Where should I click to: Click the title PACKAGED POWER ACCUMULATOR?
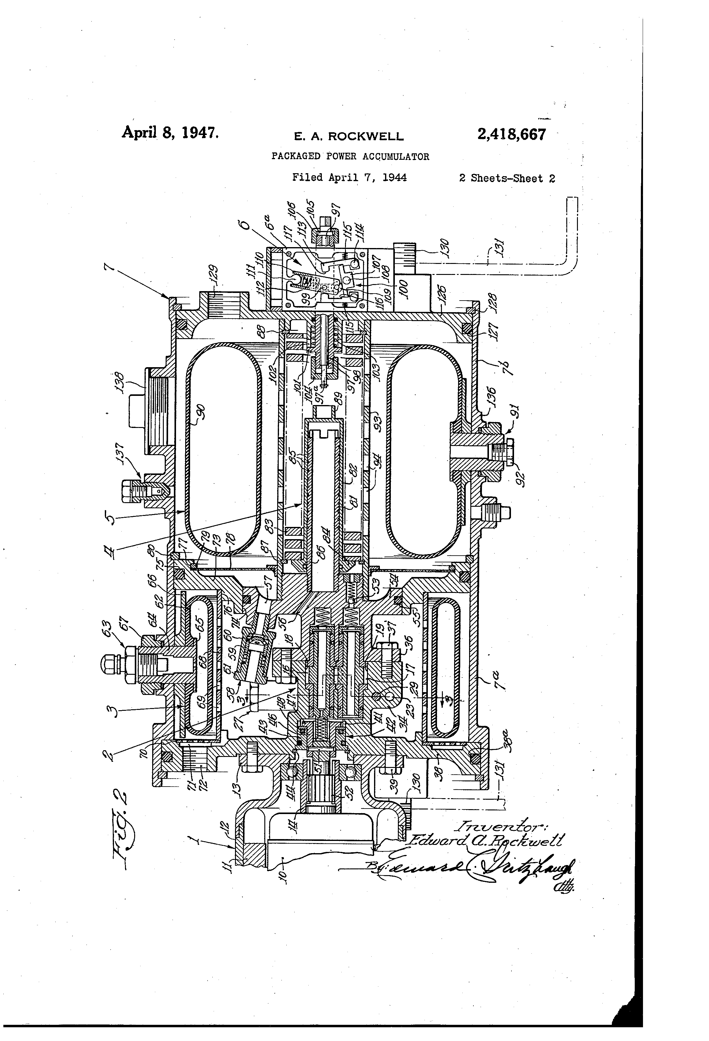pos(350,156)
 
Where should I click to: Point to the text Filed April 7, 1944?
pos(349,177)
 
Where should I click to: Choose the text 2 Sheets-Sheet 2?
pos(507,178)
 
